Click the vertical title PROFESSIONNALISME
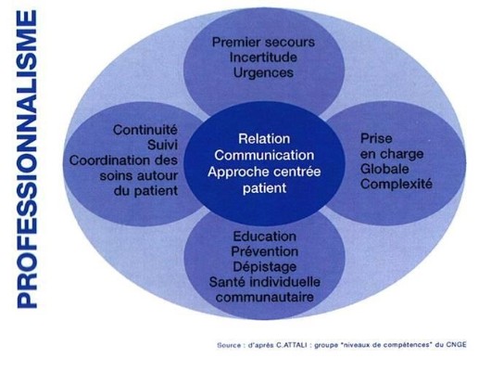[x=27, y=160]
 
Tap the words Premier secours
[x=263, y=42]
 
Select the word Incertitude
[x=263, y=58]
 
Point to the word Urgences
[x=263, y=73]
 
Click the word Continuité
[x=145, y=130]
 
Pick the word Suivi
[x=162, y=145]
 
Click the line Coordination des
[x=124, y=160]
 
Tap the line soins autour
[x=139, y=175]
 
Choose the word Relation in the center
[x=264, y=139]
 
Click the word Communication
[x=264, y=155]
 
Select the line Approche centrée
[x=264, y=172]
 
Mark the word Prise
[x=376, y=138]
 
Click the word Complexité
[x=397, y=184]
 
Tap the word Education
[x=265, y=237]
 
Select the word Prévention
[x=265, y=251]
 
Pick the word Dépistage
[x=265, y=267]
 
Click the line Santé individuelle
[x=265, y=282]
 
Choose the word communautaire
[x=265, y=298]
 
